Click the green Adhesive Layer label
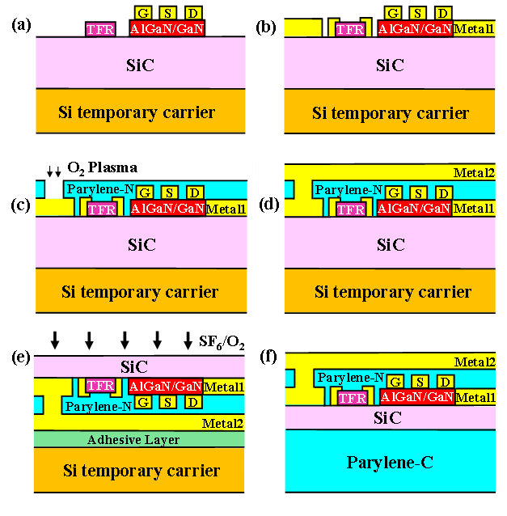tap(133, 440)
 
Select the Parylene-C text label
tap(391, 463)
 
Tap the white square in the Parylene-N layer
tap(53, 188)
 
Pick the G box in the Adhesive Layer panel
tap(145, 402)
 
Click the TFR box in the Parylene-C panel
tap(353, 398)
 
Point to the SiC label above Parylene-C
tap(387, 418)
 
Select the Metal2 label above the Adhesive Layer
tap(222, 422)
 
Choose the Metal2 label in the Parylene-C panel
tap(474, 362)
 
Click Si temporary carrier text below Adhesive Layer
tap(142, 471)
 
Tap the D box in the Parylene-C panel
tap(444, 381)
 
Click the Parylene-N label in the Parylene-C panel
tap(350, 378)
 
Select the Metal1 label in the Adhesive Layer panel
tap(224, 387)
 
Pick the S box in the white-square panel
tap(168, 192)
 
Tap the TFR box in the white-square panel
tap(101, 209)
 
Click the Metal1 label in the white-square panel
tap(226, 209)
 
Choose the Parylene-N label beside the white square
tap(100, 189)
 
